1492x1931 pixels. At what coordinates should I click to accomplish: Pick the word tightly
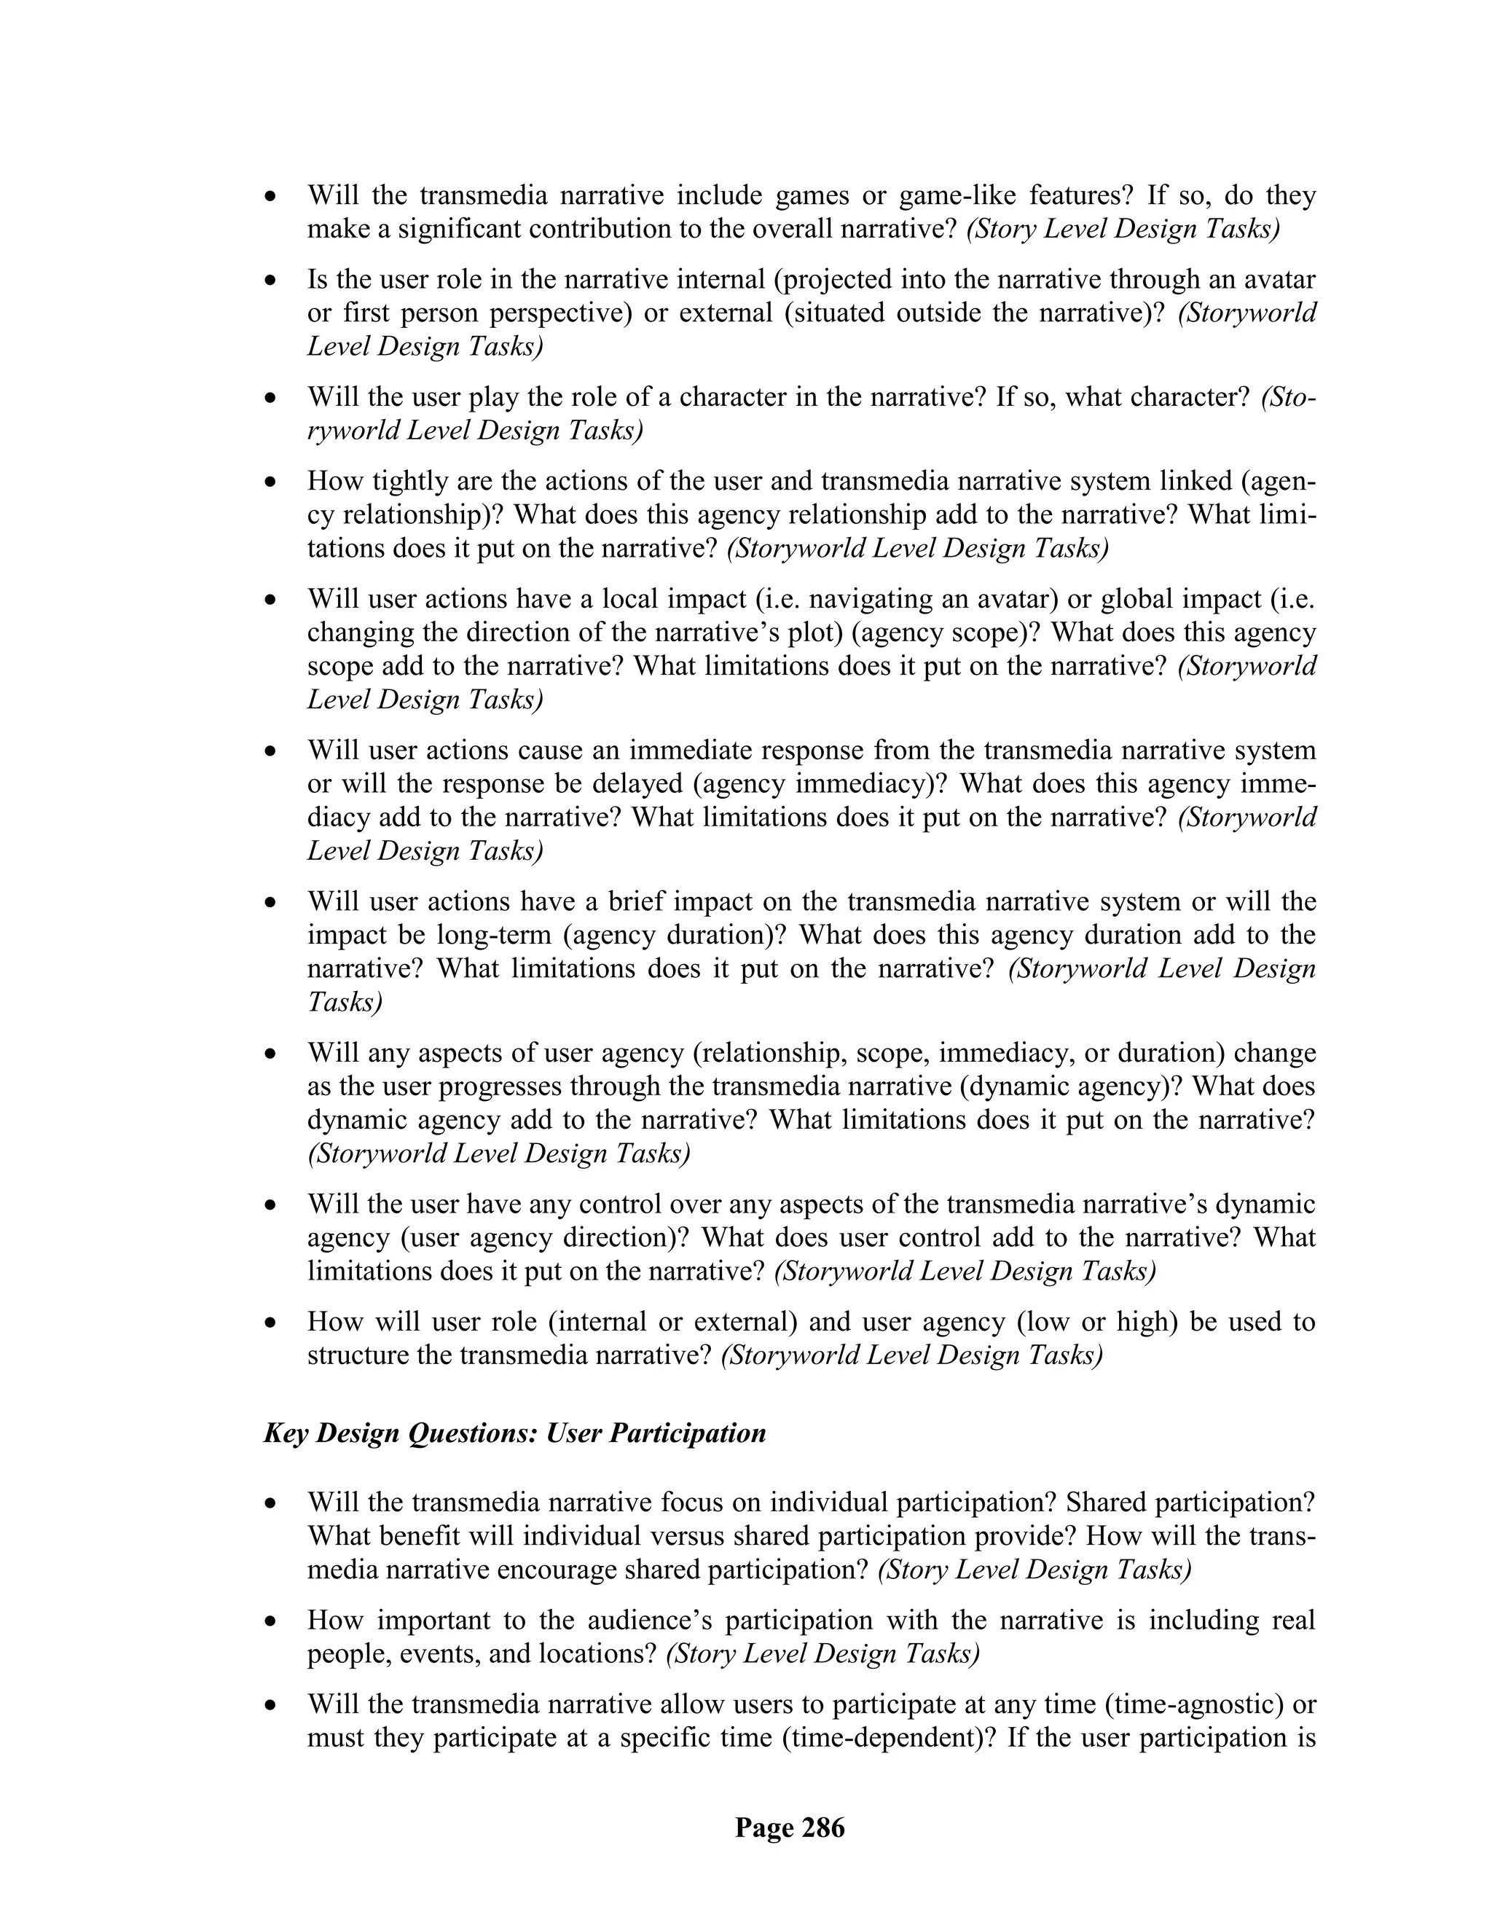tap(415, 481)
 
